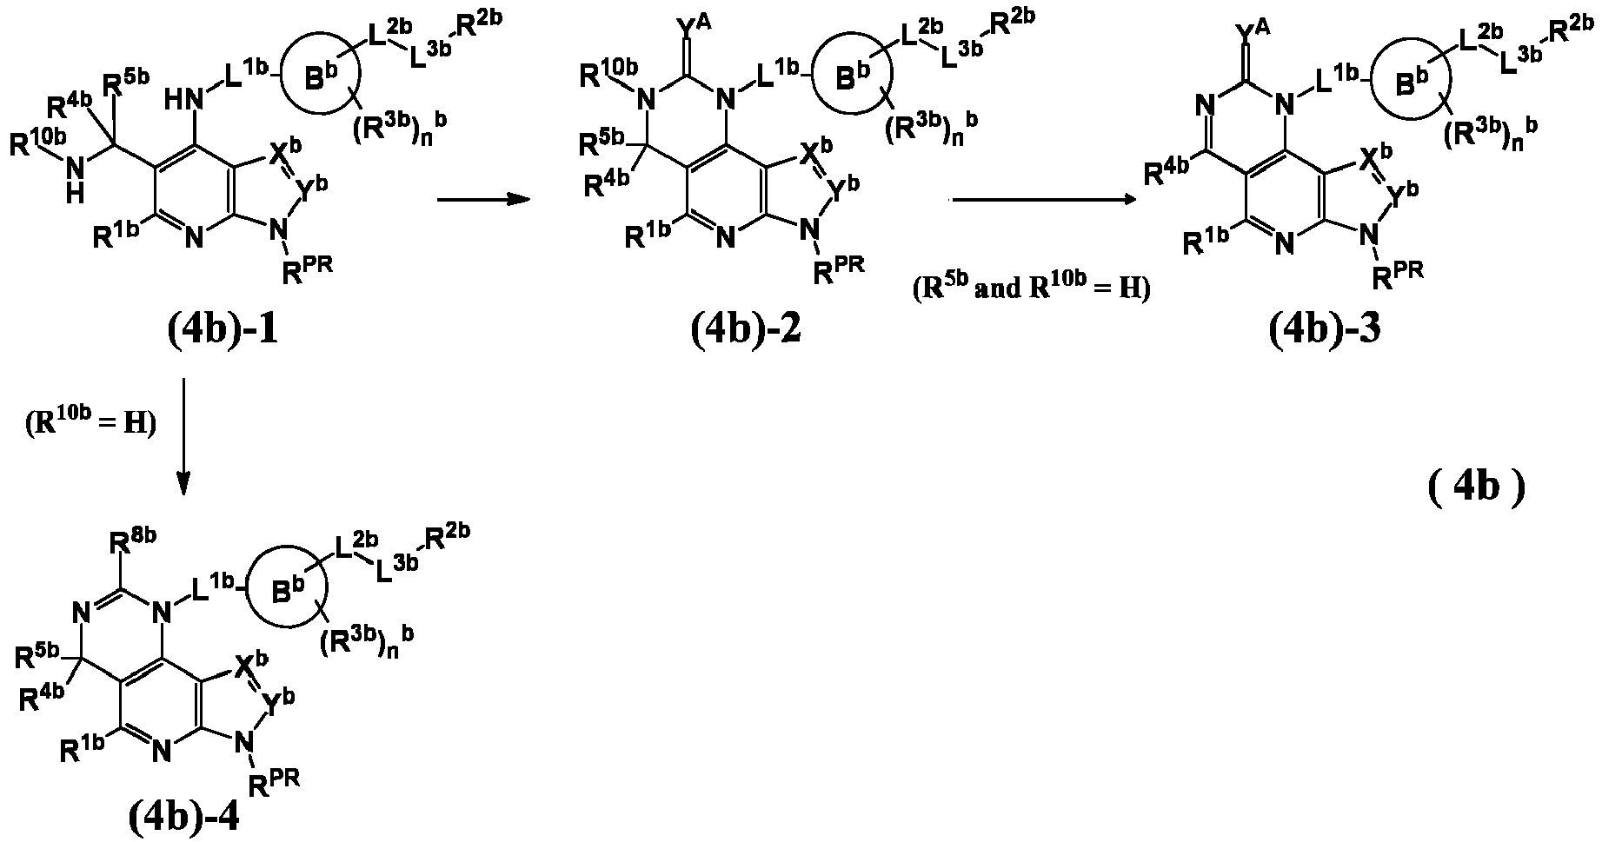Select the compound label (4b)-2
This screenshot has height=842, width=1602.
(x=747, y=330)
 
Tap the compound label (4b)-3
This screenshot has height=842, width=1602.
(x=1324, y=330)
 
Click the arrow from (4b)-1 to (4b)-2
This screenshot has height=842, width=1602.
(x=482, y=200)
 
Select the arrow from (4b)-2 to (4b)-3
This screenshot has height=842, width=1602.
(x=1045, y=200)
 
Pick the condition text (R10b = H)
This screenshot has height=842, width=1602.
(x=85, y=425)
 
